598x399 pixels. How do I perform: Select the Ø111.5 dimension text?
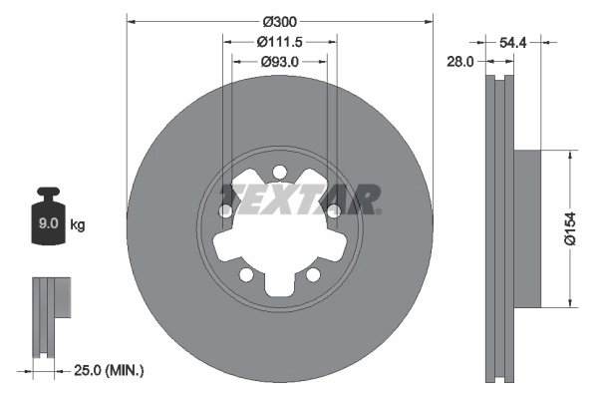280,41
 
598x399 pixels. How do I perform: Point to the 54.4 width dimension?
511,43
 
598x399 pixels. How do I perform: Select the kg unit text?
78,225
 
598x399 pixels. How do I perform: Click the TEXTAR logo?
300,197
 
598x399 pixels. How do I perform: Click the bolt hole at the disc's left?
226,210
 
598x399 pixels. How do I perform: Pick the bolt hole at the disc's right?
334,210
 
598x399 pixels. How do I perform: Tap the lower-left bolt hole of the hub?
246,274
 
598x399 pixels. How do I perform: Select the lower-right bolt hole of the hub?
313,274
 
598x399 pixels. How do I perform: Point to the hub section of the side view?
526,228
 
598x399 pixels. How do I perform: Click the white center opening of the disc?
280,239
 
